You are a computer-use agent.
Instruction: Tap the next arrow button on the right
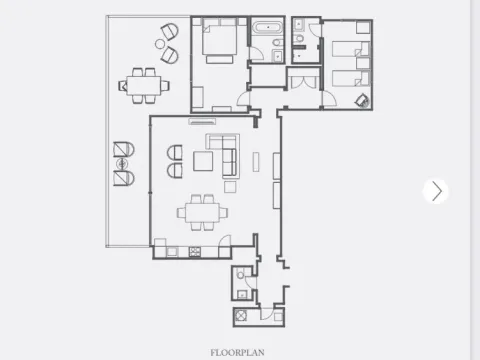coord(435,191)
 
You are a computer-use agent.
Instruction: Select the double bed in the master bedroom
coord(221,42)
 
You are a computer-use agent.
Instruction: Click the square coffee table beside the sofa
coord(204,161)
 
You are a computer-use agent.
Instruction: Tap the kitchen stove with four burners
coord(193,251)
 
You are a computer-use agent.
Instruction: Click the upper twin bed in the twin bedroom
coord(349,48)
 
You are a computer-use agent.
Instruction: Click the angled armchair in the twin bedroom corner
coord(360,99)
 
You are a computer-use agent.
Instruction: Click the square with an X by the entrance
coord(241,316)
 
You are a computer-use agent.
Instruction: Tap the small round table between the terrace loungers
coord(122,163)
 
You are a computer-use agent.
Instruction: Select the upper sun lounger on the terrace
coord(122,150)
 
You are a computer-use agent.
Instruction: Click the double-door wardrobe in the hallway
coord(302,80)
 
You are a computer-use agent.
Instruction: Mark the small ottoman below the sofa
coord(229,186)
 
